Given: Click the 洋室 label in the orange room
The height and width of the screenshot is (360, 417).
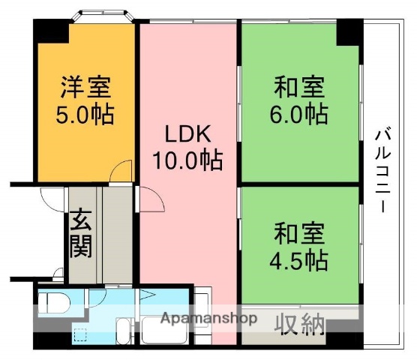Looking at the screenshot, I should pyautogui.click(x=85, y=88).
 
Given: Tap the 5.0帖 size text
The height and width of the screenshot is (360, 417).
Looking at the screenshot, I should pyautogui.click(x=85, y=115).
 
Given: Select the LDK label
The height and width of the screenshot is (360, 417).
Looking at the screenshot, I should pyautogui.click(x=189, y=134).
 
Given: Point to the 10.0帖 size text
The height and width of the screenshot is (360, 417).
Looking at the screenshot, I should pyautogui.click(x=189, y=160).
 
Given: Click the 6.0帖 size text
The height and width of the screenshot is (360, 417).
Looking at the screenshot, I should pyautogui.click(x=298, y=115).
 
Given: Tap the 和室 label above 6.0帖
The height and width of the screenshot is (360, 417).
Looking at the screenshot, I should pyautogui.click(x=298, y=88).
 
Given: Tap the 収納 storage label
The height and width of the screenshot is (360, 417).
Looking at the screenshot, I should pyautogui.click(x=304, y=325).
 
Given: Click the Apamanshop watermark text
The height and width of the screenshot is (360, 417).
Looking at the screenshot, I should pyautogui.click(x=209, y=317).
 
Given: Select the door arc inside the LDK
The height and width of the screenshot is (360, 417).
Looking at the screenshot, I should pyautogui.click(x=151, y=199).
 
